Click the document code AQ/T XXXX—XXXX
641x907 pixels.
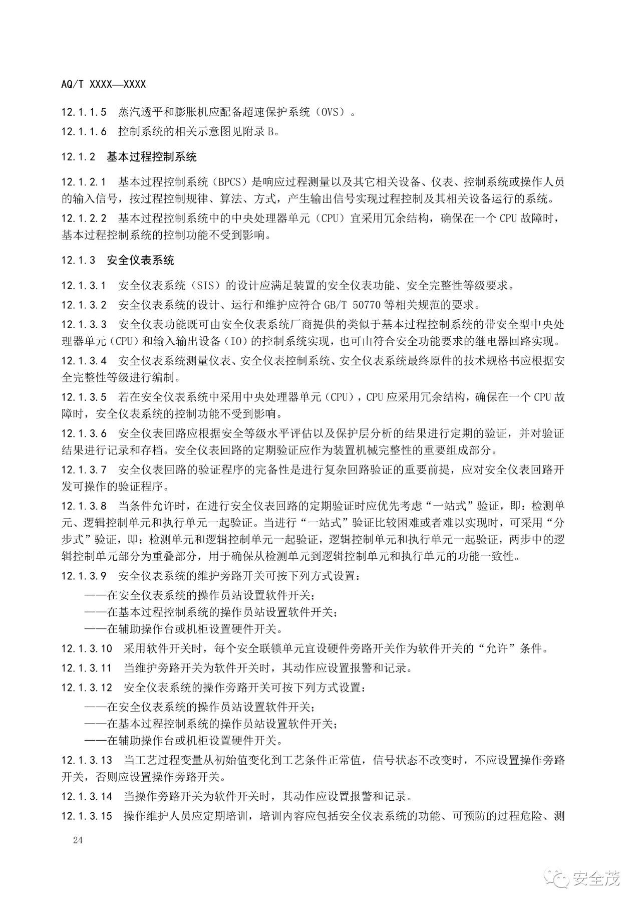[x=104, y=85]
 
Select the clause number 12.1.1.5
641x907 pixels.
[x=84, y=113]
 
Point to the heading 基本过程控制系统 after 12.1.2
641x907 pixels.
[x=152, y=157]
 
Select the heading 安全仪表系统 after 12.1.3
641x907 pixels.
[x=141, y=261]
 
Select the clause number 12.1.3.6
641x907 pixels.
[x=84, y=433]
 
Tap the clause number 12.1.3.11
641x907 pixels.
[x=87, y=668]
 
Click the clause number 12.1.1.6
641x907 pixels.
[x=84, y=132]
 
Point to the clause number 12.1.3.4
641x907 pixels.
[x=84, y=360]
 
